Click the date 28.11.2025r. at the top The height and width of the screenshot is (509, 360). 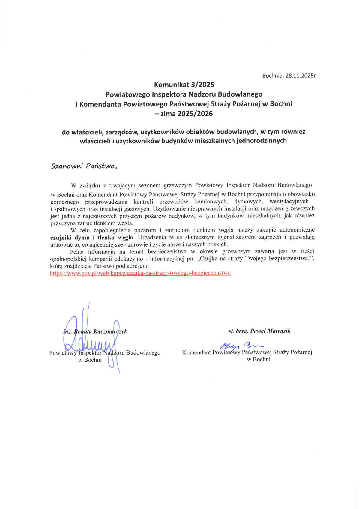coord(301,76)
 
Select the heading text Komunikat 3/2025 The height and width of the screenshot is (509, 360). coord(184,85)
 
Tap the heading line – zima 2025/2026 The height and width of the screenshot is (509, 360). coord(184,114)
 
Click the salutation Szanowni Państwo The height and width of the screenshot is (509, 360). coord(84,166)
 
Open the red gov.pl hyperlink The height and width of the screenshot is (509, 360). coord(140,273)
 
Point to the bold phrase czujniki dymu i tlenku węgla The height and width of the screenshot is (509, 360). coord(92,237)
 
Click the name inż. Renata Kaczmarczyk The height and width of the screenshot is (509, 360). coord(95,331)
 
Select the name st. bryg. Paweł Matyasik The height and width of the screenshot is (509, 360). coord(259,331)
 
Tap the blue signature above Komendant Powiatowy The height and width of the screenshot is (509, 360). coord(240,346)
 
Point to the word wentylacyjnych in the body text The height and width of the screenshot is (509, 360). coord(289,201)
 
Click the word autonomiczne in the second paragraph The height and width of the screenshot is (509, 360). coord(297,230)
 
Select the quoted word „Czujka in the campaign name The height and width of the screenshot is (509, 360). coord(207,259)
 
